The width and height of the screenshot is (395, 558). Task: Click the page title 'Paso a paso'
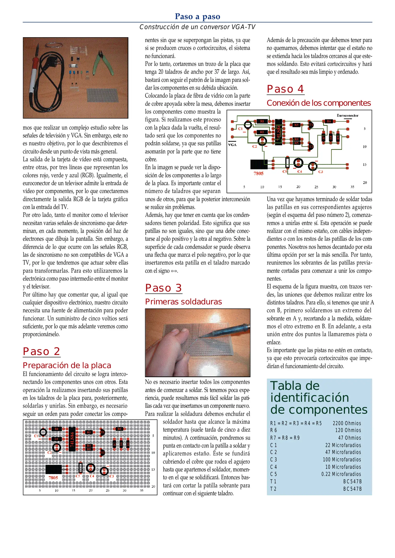(197, 16)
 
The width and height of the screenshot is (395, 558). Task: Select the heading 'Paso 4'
(285, 89)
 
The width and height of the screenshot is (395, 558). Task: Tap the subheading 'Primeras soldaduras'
(183, 301)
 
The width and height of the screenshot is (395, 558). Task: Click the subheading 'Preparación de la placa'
(67, 365)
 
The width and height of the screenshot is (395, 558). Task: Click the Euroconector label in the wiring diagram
(347, 115)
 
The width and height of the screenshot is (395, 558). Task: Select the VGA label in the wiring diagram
(232, 145)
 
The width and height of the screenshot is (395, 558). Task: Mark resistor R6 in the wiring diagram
(329, 121)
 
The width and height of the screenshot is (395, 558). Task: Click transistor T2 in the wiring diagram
(311, 147)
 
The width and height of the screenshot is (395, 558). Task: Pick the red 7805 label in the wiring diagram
(258, 173)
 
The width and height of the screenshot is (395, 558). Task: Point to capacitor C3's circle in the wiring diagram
(313, 166)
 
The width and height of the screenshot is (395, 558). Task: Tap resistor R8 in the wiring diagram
(331, 137)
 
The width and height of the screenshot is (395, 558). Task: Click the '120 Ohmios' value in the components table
(348, 430)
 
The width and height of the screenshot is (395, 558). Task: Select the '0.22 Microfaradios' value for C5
(341, 474)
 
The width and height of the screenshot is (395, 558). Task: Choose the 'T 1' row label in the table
(273, 481)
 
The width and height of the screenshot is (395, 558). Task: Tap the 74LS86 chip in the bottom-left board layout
(72, 439)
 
